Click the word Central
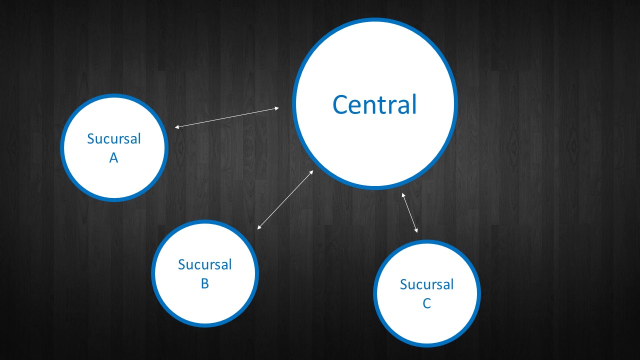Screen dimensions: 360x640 [374, 105]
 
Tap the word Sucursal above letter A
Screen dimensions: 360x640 [114, 138]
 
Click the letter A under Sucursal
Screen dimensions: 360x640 [113, 158]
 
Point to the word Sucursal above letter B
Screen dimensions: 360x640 [205, 264]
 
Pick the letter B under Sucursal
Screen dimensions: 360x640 [204, 283]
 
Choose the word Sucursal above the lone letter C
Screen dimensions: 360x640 [427, 284]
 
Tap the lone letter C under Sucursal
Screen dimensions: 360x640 [426, 303]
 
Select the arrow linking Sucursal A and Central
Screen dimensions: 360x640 [227, 117]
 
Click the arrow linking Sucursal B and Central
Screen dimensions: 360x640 [285, 200]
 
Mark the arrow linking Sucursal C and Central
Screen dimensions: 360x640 [409, 212]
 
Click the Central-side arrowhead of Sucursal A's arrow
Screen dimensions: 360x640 [277, 108]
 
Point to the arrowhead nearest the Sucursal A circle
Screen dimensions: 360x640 [176, 127]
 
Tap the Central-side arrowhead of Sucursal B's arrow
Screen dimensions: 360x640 [311, 172]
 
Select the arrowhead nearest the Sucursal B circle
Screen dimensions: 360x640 [259, 228]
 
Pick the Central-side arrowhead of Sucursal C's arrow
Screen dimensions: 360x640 [403, 194]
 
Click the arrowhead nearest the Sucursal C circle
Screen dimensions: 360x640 [416, 230]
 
